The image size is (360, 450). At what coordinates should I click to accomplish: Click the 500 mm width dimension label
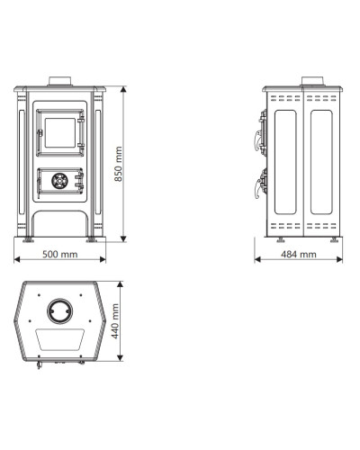(x=60, y=255)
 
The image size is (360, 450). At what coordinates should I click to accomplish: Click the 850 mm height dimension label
(x=119, y=164)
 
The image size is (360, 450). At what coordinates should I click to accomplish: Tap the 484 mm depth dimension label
(x=299, y=255)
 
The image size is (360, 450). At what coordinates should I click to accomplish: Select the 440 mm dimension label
(x=115, y=321)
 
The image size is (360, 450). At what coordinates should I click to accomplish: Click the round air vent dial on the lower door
(x=59, y=181)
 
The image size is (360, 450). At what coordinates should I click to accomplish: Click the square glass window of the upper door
(x=60, y=132)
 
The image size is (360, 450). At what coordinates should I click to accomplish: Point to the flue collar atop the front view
(x=60, y=81)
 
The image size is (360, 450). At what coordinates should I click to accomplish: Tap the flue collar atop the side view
(x=312, y=81)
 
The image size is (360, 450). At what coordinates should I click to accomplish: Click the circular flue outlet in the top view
(x=59, y=311)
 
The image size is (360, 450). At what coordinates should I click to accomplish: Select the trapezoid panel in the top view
(x=60, y=339)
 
